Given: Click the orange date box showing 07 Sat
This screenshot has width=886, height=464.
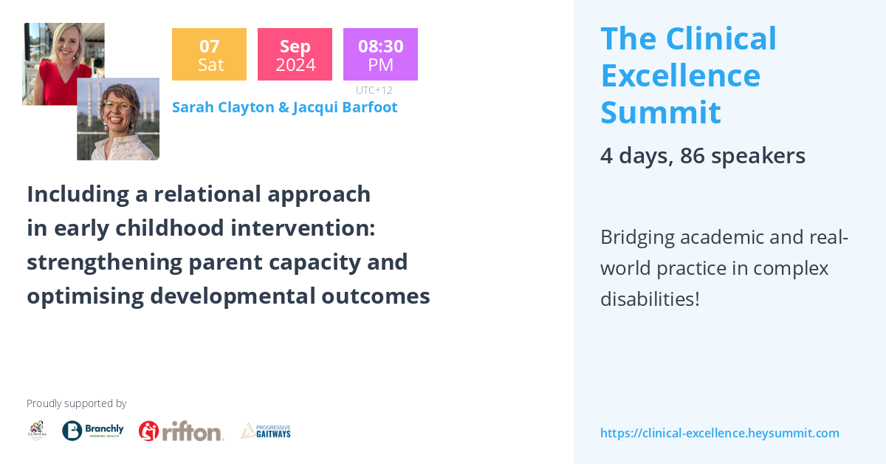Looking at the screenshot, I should [x=209, y=55].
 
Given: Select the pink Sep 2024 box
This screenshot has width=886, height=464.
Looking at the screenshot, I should [x=295, y=55].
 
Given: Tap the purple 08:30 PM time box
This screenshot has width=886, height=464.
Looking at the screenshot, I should [x=380, y=55].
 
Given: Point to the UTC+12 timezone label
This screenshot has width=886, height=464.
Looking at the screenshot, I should [x=374, y=90].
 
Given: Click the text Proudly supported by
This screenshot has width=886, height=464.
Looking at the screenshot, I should [x=76, y=403].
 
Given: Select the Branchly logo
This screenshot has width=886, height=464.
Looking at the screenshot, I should [x=93, y=431].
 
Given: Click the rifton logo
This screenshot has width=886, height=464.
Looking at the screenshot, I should [x=181, y=431].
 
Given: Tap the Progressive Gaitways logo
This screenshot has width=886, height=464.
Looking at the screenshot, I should [x=266, y=431].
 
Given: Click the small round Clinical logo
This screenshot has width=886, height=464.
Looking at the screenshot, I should [x=37, y=431].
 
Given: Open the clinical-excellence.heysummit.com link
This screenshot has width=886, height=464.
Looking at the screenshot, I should [x=719, y=433].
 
